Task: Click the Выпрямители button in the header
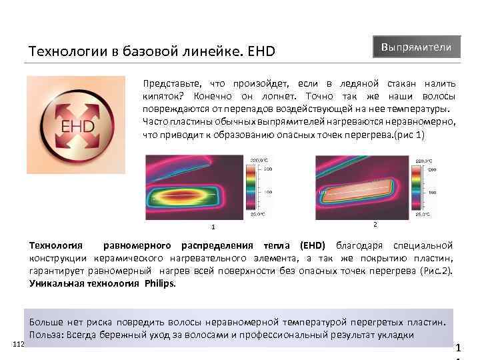[x=416, y=47]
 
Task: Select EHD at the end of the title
[x=261, y=51]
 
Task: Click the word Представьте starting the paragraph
[x=171, y=83]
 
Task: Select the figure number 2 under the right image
[x=375, y=224]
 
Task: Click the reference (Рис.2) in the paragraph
[x=438, y=271]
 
